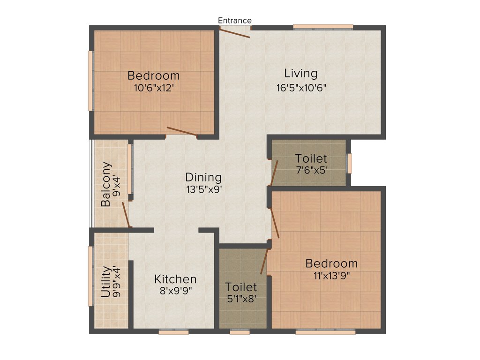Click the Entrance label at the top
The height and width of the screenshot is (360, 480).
pyautogui.click(x=235, y=21)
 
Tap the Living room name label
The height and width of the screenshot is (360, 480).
pyautogui.click(x=301, y=74)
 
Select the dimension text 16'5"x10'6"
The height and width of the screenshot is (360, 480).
pyautogui.click(x=301, y=87)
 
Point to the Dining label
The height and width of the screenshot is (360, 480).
pyautogui.click(x=203, y=178)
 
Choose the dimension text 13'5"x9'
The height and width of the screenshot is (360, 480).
pyautogui.click(x=203, y=190)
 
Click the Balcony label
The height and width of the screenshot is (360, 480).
pyautogui.click(x=106, y=184)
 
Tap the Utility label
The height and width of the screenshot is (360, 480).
pyautogui.click(x=106, y=282)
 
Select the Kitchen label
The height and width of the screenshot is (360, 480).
pyautogui.click(x=175, y=279)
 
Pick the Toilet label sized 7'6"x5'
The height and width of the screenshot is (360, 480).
pyautogui.click(x=311, y=158)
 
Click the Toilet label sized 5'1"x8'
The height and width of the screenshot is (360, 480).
pyautogui.click(x=241, y=286)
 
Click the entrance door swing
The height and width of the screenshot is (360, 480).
pyautogui.click(x=235, y=33)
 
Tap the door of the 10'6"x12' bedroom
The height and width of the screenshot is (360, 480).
pyautogui.click(x=182, y=131)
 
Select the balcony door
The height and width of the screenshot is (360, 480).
pyautogui.click(x=125, y=215)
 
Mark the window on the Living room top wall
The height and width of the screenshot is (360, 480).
pyautogui.click(x=323, y=27)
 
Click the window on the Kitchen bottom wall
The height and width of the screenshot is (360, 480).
pyautogui.click(x=173, y=332)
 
